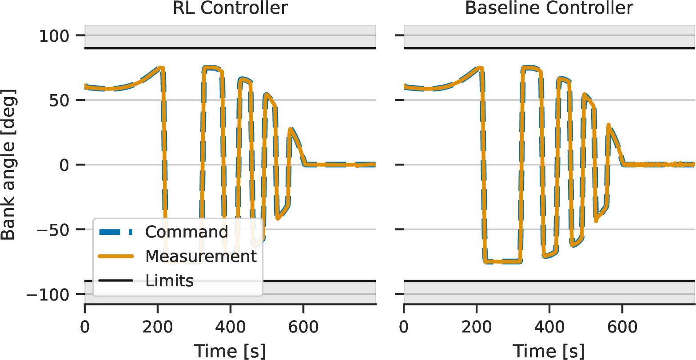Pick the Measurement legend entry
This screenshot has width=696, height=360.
(177, 256)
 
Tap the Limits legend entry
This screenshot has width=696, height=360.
(146, 281)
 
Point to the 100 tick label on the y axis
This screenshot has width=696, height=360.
(54, 36)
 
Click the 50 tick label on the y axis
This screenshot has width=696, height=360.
(59, 100)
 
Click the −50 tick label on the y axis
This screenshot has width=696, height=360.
(53, 230)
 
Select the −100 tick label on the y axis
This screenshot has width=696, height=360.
(48, 294)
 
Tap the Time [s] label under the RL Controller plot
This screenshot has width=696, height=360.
(230, 351)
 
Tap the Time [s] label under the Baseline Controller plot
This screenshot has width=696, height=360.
(549, 351)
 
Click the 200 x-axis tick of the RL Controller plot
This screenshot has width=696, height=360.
(158, 327)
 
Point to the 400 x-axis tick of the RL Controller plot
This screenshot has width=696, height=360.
(230, 327)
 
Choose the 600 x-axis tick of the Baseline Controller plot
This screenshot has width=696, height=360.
(622, 327)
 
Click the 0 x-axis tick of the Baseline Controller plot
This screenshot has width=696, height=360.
(404, 327)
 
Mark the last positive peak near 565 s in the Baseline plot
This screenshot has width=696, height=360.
(609, 125)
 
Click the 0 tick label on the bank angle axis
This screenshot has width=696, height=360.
(64, 165)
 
